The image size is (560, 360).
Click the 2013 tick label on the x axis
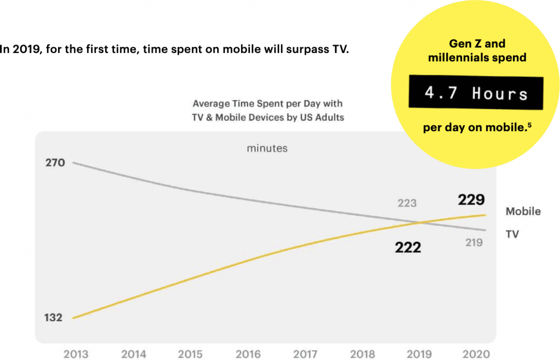75,354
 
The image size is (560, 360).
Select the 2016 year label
248,354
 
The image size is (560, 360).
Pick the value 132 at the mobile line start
54,317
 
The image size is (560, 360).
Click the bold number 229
471,200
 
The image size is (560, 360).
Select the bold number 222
408,247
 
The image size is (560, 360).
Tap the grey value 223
407,203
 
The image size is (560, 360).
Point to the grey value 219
474,242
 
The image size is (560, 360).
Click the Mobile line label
523,211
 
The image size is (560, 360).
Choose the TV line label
512,234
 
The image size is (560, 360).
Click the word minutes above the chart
267,148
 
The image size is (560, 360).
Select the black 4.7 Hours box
476,93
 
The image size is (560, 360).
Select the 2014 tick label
133,354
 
